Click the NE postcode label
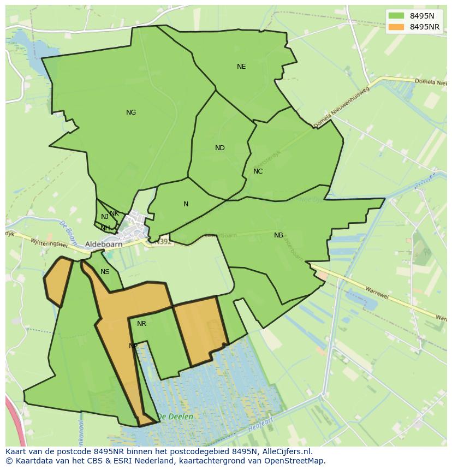tap(241, 67)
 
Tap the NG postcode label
tap(131, 112)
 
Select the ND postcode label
tap(220, 148)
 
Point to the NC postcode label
tap(258, 171)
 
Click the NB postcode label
tap(279, 235)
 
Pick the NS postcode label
tap(105, 272)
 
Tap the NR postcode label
tap(142, 324)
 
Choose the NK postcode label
tap(114, 213)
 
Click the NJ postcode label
tap(105, 217)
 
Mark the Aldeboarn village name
tap(103, 245)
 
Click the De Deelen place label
tap(175, 417)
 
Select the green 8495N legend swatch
tap(397, 16)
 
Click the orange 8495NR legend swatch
tap(397, 27)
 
